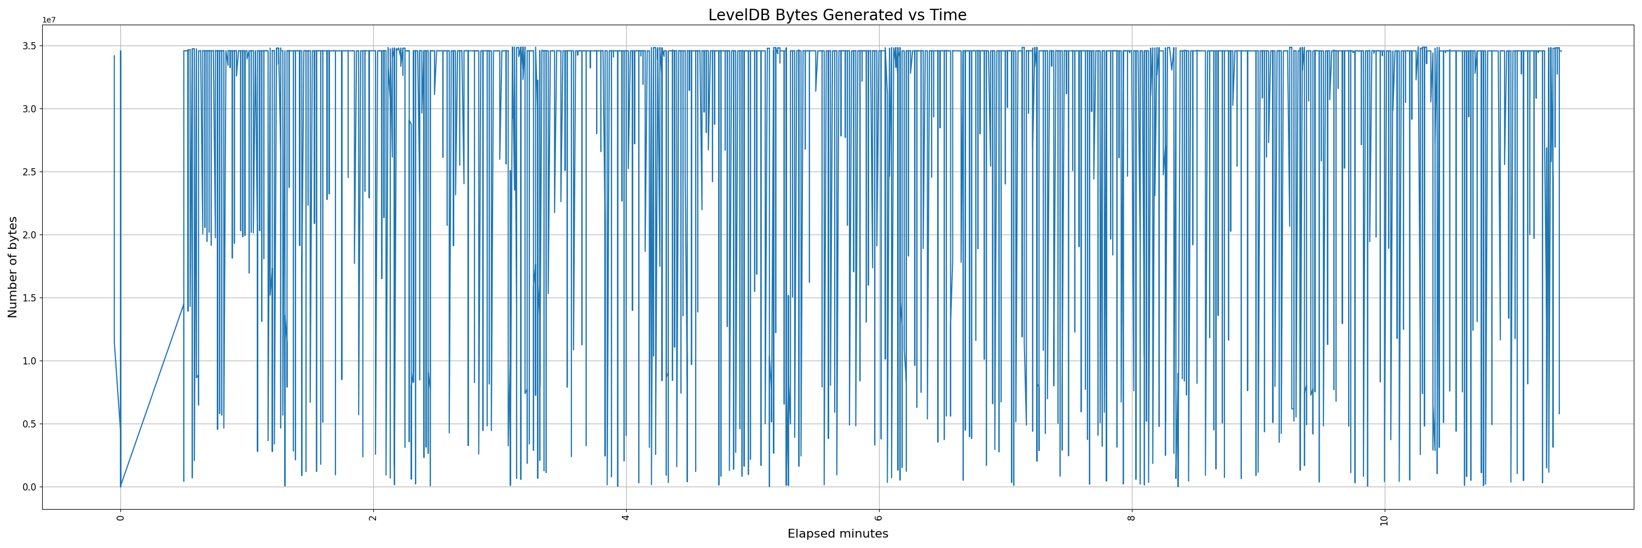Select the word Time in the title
pos(948,15)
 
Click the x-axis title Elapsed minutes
pos(837,534)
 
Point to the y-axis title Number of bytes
pos(13,267)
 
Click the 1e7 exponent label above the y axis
pos(49,20)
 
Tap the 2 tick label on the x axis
pos(373,517)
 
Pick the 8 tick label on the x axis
pos(1131,517)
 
